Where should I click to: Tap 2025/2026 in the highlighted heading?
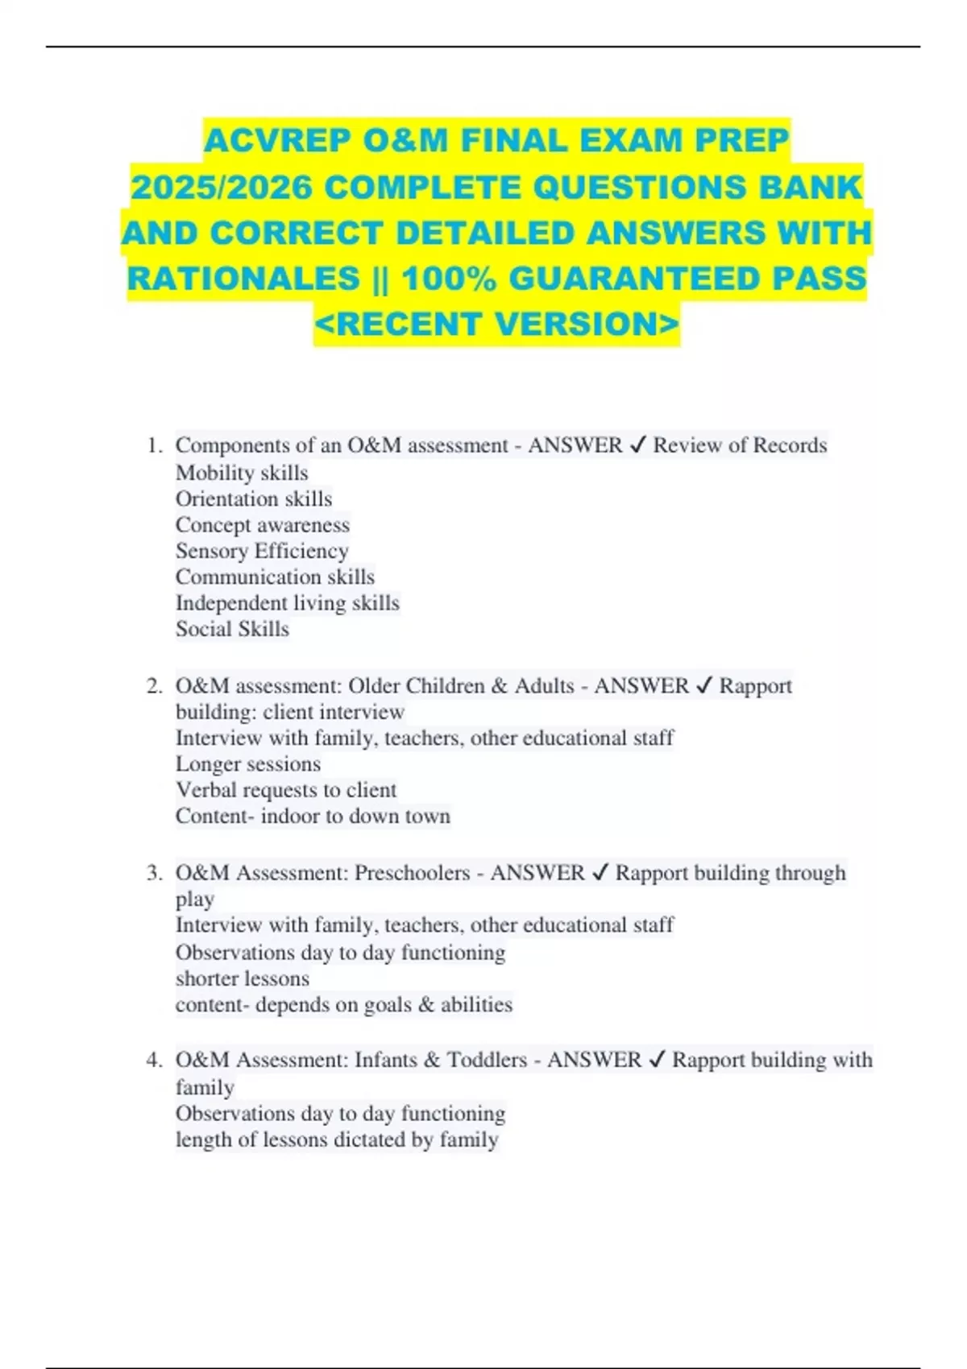[x=222, y=188]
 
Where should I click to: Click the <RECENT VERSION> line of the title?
[x=496, y=325]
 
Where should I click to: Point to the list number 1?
[x=155, y=445]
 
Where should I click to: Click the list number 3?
[x=155, y=873]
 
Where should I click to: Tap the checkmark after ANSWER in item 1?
[x=637, y=445]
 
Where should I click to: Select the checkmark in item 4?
[x=657, y=1060]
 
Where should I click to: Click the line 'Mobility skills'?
[x=242, y=473]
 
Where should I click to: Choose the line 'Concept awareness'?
[x=263, y=525]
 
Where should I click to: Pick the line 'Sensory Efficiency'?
[x=262, y=551]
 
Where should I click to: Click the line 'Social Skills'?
[x=232, y=629]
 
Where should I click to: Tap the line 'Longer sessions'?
[x=248, y=764]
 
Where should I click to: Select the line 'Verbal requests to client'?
[x=286, y=790]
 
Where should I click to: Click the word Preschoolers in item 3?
[x=412, y=873]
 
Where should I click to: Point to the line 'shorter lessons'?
[x=243, y=978]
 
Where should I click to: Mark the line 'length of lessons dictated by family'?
[x=337, y=1139]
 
